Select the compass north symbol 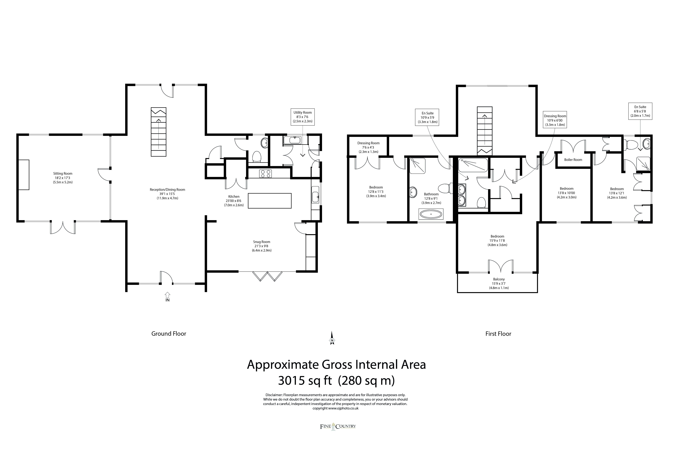tap(332, 338)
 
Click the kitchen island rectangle tap(270, 201)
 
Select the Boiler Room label tap(573, 160)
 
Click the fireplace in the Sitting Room tap(24, 175)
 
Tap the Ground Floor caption tap(169, 334)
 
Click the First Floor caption tap(498, 334)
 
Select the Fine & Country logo tap(338, 426)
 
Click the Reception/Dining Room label tap(167, 194)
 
